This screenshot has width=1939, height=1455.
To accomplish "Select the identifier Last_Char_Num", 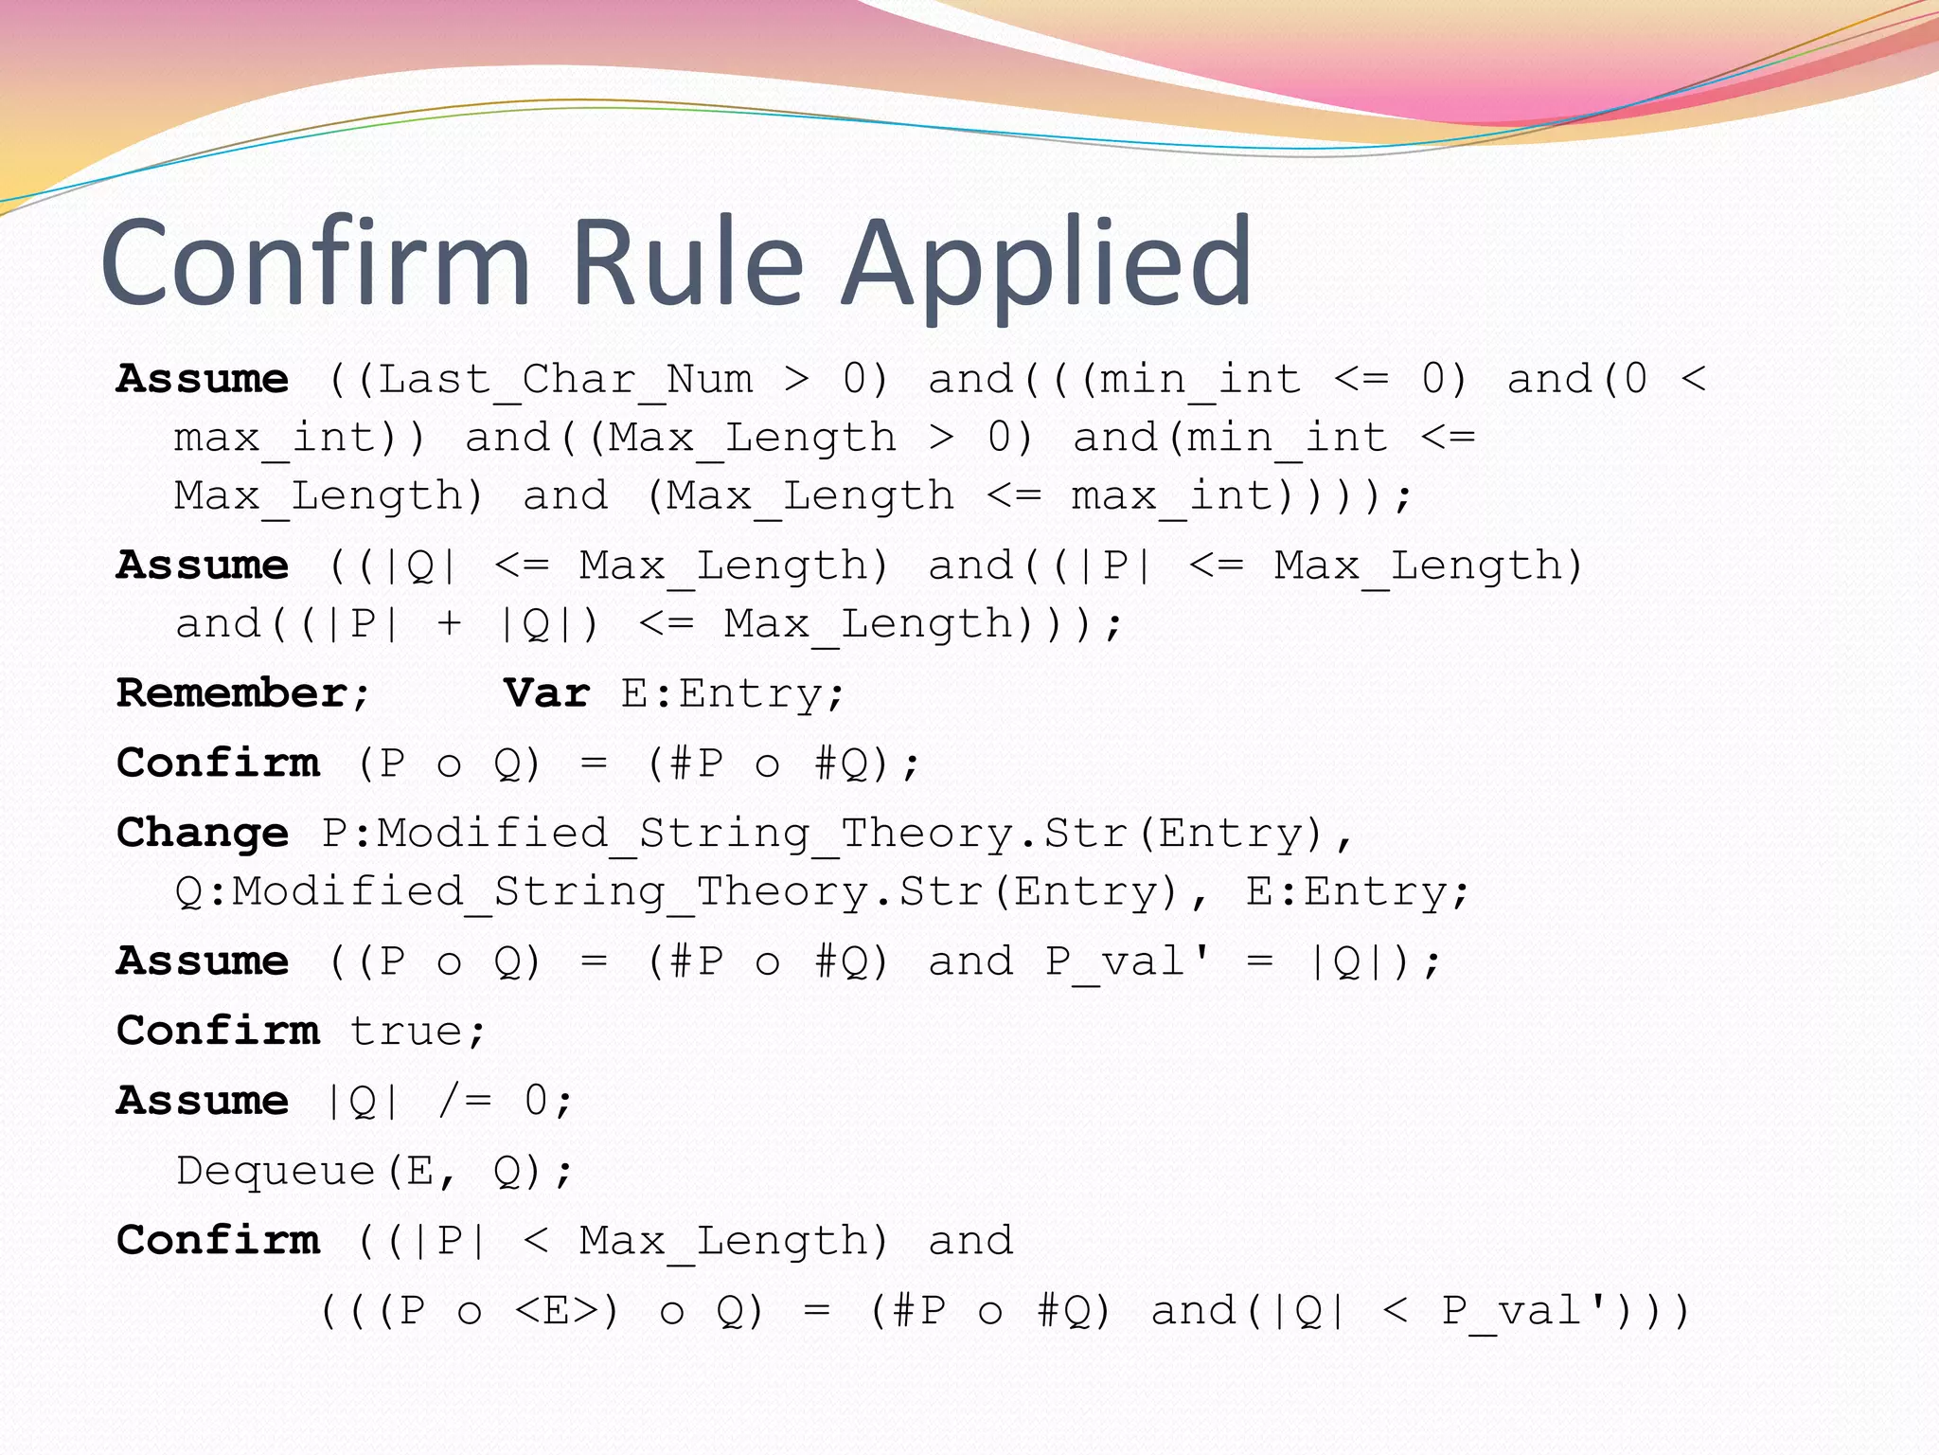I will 565,380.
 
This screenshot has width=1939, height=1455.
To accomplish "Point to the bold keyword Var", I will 547,693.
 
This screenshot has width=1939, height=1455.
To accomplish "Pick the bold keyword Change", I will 203,833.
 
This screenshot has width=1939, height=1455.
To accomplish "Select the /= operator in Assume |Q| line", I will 465,1101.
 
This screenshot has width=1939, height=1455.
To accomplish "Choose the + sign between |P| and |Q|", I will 449,624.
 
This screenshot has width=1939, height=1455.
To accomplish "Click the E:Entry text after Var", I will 732,693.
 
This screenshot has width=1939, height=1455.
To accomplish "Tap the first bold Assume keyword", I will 203,379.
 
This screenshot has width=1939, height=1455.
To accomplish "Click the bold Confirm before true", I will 218,1031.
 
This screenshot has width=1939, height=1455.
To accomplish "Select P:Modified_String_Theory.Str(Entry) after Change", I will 837,834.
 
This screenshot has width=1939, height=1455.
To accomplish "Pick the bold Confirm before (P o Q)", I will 218,763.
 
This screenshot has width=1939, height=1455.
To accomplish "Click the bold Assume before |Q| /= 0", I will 203,1101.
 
